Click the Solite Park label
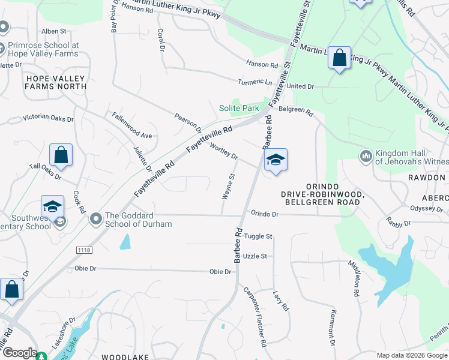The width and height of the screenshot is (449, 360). tap(238, 108)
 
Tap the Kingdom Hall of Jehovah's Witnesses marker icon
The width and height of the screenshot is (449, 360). tap(366, 157)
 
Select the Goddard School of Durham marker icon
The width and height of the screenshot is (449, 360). tap(95, 220)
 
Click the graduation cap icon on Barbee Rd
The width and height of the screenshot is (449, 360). tap(276, 160)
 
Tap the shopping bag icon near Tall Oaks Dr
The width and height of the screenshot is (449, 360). tap(61, 155)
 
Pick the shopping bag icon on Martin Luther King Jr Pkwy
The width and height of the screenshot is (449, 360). tap(340, 58)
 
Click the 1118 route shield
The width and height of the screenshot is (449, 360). tap(83, 249)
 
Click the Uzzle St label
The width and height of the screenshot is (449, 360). tap(255, 256)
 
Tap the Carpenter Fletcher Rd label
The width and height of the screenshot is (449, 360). tap(255, 317)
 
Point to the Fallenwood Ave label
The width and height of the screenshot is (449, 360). tap(129, 136)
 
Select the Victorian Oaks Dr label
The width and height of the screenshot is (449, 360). tap(48, 119)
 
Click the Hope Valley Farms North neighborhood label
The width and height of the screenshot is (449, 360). tap(56, 82)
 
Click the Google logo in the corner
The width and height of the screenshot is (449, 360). tap(19, 353)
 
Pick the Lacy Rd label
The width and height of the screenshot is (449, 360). tap(280, 301)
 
